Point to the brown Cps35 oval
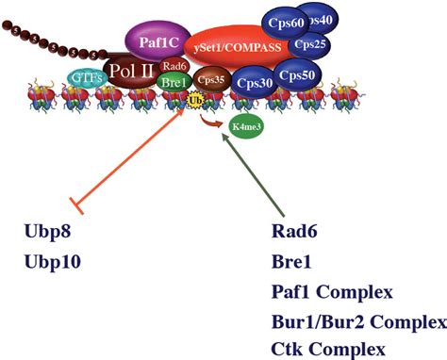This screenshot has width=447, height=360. tap(210, 80)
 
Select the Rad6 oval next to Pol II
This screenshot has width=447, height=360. tap(174, 66)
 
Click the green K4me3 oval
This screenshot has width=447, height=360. tap(243, 127)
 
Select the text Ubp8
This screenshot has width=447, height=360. tap(46, 231)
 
